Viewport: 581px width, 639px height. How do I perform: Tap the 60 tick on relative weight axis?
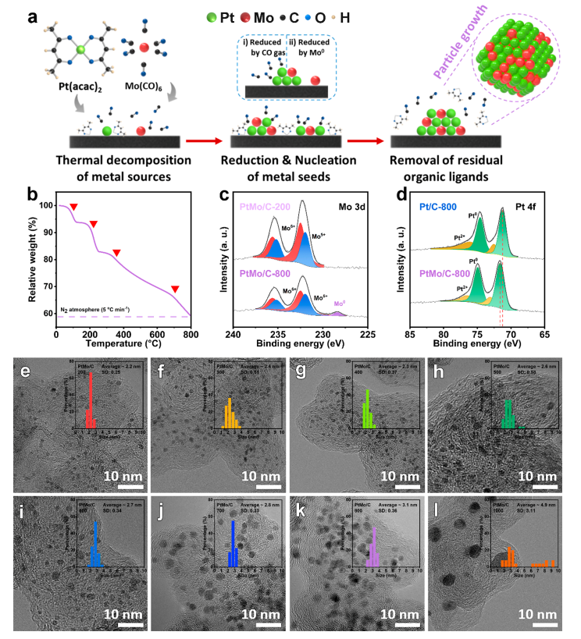coord(48,314)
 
